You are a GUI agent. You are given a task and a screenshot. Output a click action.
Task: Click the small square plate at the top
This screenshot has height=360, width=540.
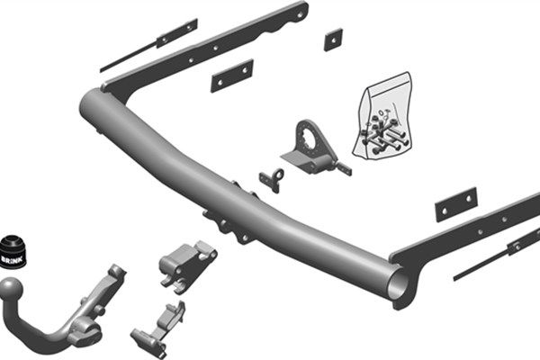pyautogui.click(x=334, y=39)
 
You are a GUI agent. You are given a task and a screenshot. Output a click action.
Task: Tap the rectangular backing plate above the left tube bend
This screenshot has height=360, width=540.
pyautogui.click(x=231, y=76)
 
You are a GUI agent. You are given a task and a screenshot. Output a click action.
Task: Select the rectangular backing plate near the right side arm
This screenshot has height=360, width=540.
pyautogui.click(x=455, y=204)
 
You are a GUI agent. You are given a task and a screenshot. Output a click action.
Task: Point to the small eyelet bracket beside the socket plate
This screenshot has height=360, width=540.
pyautogui.click(x=272, y=178)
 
